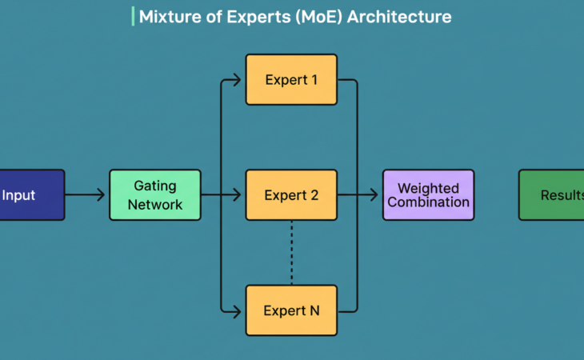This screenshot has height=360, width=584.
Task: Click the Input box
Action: click(30, 194)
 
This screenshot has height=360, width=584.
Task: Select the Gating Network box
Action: click(154, 194)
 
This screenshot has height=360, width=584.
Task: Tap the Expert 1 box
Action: click(291, 79)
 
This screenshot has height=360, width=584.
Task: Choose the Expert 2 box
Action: click(291, 194)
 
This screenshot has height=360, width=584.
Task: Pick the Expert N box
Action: click(291, 310)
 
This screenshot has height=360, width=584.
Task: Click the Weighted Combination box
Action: click(428, 194)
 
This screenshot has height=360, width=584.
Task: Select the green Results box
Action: click(552, 194)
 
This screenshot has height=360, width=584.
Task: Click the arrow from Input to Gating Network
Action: click(85, 194)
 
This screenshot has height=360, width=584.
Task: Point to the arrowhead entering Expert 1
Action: click(237, 79)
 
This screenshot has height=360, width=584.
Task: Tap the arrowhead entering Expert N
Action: click(237, 310)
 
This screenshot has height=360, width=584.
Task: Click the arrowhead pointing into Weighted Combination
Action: click(374, 194)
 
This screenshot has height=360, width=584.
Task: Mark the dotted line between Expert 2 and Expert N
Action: click(291, 252)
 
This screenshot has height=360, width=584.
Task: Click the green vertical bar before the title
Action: click(133, 16)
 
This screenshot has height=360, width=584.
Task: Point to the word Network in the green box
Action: click(154, 204)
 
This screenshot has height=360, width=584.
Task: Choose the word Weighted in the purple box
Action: click(428, 189)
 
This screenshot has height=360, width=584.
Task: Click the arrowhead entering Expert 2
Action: click(237, 194)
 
